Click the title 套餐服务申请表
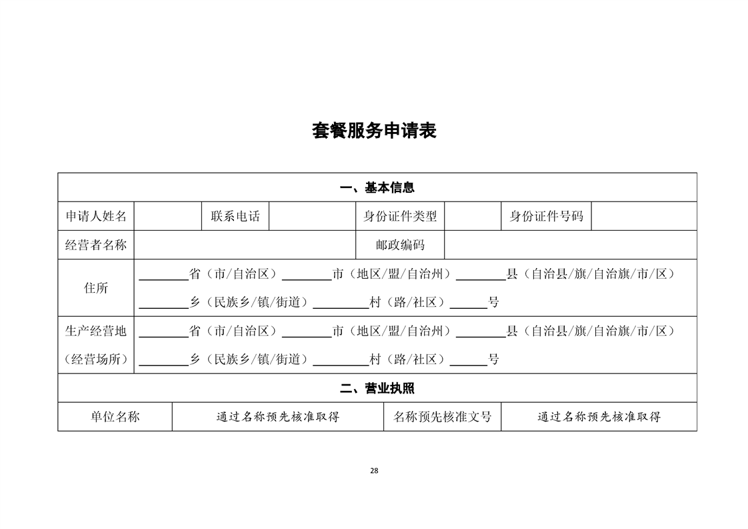point(375,130)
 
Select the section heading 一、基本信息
point(377,187)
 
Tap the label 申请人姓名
point(96,216)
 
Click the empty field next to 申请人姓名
point(168,216)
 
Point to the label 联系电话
point(235,216)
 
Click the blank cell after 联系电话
point(313,216)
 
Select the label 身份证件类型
point(400,216)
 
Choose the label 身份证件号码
point(546,216)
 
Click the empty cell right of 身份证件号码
point(644,216)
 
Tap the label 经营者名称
point(96,245)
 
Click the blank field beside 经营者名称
point(245,245)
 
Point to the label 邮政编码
point(400,245)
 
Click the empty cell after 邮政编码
point(571,245)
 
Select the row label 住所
point(96,288)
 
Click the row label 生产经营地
point(96,331)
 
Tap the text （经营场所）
point(96,359)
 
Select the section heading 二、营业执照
point(377,388)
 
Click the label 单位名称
point(115,417)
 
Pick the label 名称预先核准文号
point(442,417)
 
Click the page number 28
point(374,471)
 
